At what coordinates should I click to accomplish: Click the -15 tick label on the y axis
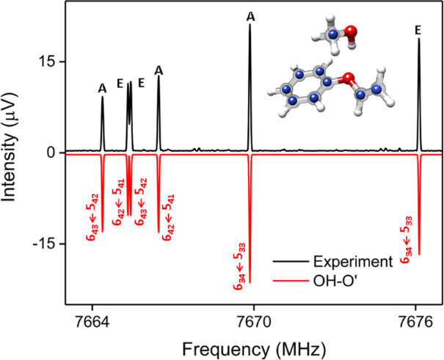pos(46,243)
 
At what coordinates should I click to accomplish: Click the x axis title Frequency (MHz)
pos(254,345)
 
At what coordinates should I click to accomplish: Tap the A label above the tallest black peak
pos(251,16)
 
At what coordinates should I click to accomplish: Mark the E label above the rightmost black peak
pos(418,30)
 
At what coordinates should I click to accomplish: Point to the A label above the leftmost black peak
pos(102,88)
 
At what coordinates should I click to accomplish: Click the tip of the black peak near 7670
pos(250,25)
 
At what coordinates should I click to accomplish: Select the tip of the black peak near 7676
pos(419,39)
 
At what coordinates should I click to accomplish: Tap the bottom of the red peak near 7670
pos(250,282)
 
